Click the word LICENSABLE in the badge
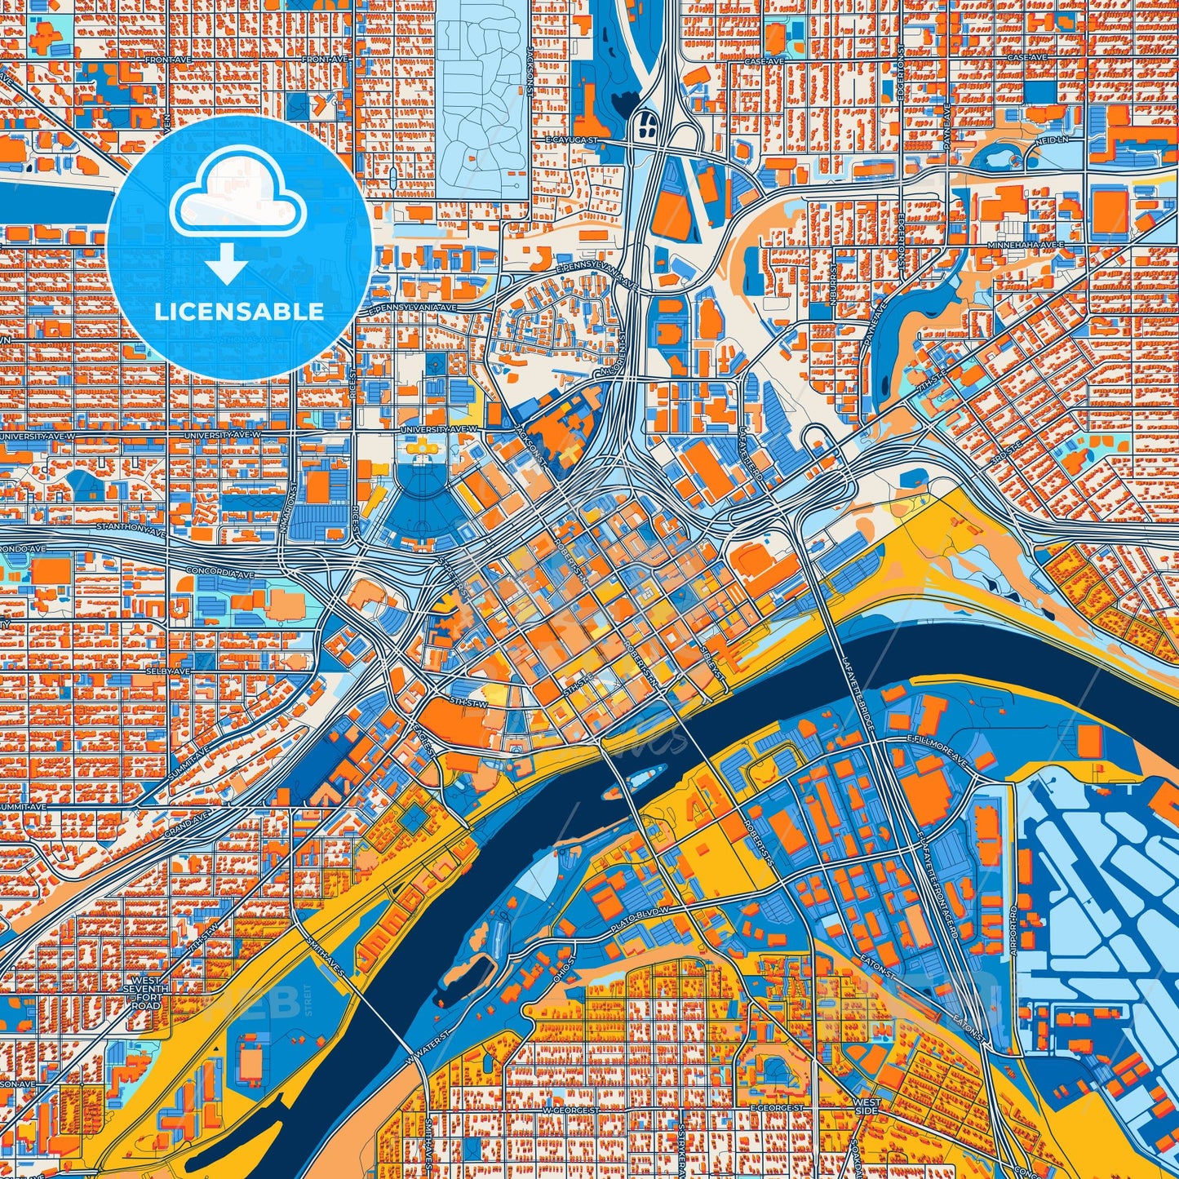(240, 311)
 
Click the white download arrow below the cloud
(227, 264)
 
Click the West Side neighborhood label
(866, 1106)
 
